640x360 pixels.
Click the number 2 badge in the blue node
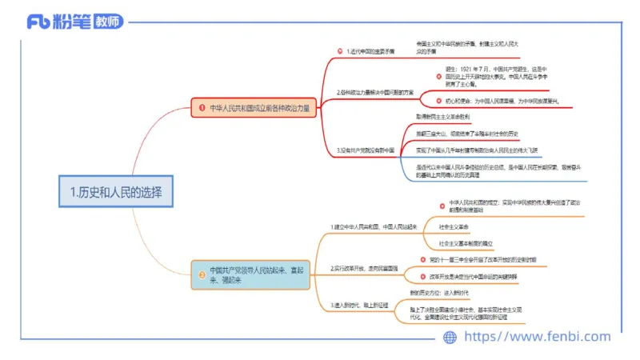pos(201,275)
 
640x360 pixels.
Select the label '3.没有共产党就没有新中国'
pos(366,150)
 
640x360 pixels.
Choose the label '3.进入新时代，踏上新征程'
pos(364,306)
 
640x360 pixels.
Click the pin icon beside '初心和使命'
pos(438,100)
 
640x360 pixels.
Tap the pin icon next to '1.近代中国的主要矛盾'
pos(339,51)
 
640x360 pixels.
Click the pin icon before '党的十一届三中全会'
pos(422,259)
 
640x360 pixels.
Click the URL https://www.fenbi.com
pos(538,337)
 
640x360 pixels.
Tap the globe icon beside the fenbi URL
pos(450,337)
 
